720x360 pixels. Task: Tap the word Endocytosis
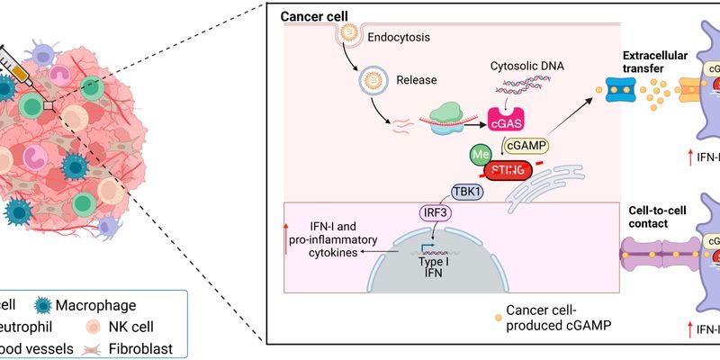point(400,38)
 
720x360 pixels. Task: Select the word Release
point(416,79)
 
